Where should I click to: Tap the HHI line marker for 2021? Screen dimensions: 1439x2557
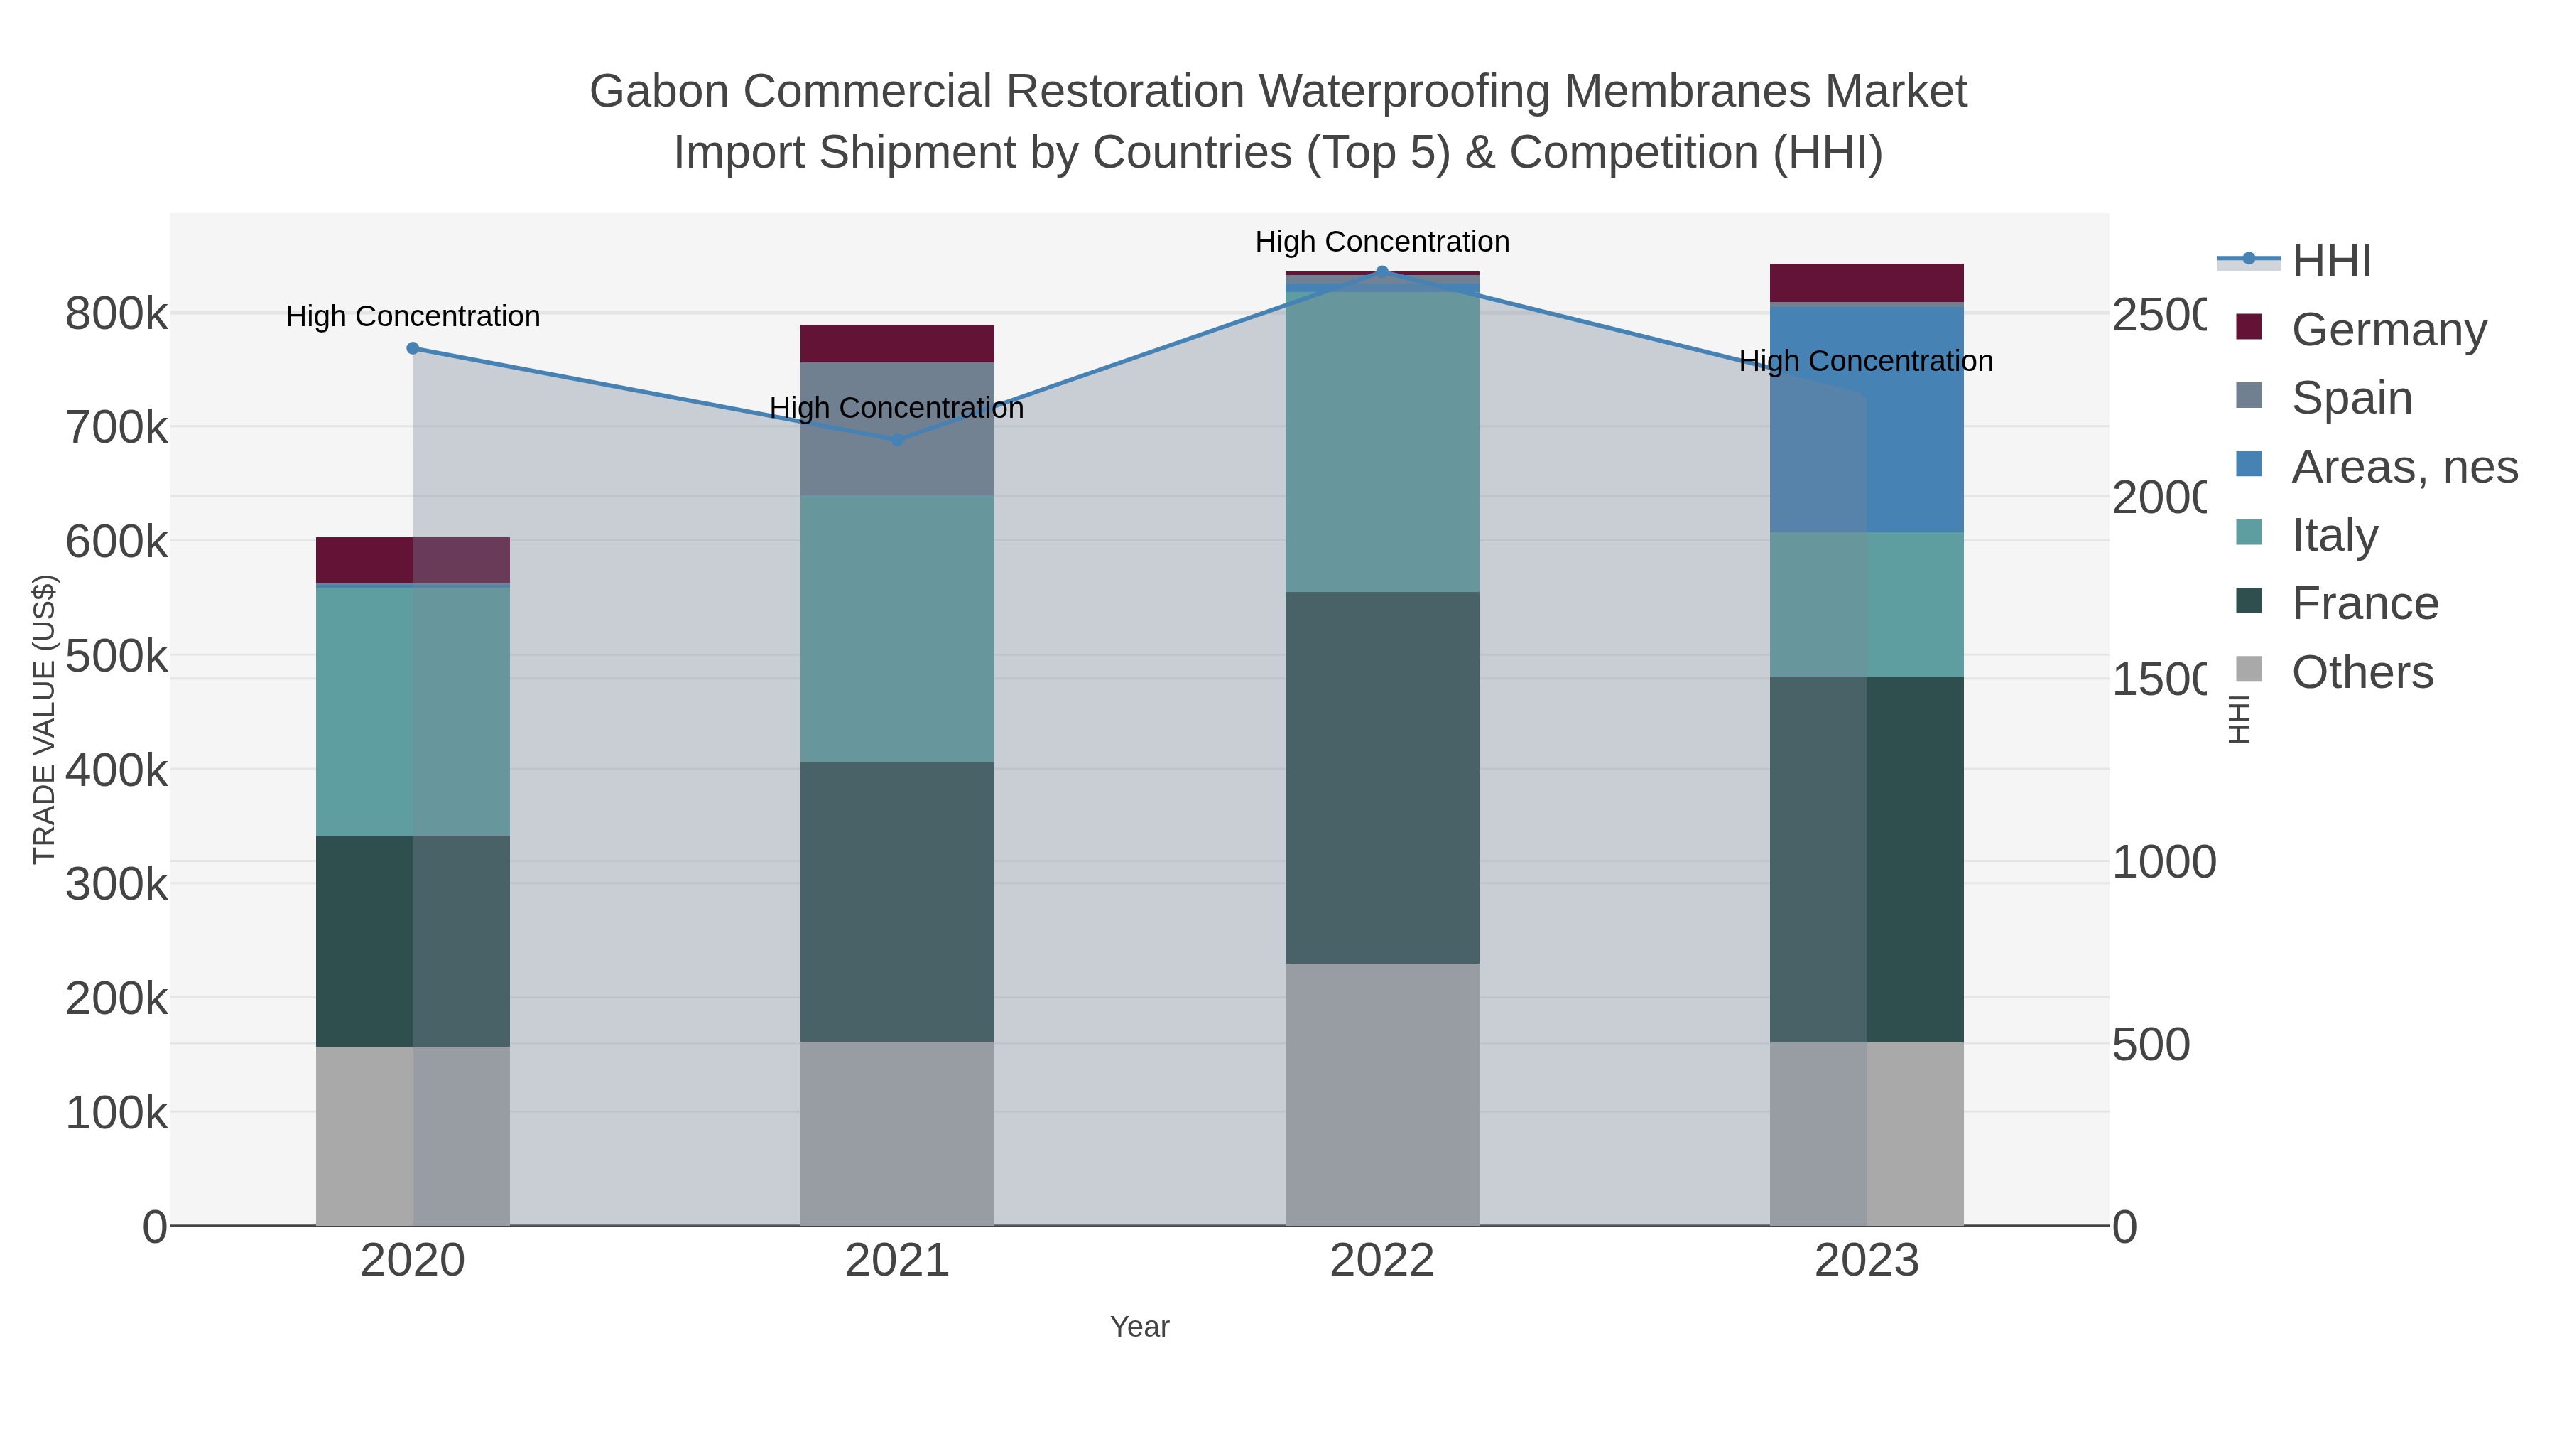coord(897,440)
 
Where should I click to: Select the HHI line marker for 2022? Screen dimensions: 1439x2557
coord(1381,272)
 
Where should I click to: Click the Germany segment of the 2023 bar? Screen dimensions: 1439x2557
coord(1866,283)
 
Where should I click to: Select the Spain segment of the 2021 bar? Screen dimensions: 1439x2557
coord(897,429)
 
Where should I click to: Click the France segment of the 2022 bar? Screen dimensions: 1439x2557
coord(1381,777)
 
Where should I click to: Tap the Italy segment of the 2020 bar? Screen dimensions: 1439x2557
coord(413,711)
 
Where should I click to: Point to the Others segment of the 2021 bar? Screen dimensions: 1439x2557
coord(897,1133)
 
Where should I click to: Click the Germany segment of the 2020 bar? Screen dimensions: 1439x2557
coord(413,560)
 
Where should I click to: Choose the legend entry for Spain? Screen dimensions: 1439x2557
coord(2350,398)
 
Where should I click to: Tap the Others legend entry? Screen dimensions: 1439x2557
coord(2360,672)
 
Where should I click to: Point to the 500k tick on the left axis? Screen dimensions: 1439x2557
coord(116,655)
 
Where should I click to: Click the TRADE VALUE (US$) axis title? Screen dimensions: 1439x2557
coord(45,719)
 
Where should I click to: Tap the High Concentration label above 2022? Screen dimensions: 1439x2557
coord(1381,242)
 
